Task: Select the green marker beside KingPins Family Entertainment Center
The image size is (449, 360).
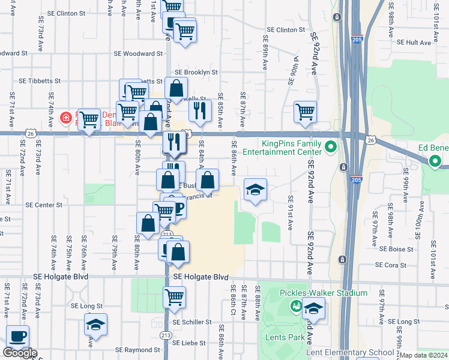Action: [x=330, y=146]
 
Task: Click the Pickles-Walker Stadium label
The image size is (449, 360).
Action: [x=323, y=293]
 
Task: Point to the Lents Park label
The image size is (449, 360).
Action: [x=285, y=337]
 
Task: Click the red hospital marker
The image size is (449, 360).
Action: [x=66, y=117]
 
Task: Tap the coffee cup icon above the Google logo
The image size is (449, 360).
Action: [x=17, y=337]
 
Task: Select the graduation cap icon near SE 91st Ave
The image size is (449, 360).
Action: [x=255, y=190]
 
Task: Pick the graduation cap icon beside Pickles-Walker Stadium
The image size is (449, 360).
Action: [x=313, y=309]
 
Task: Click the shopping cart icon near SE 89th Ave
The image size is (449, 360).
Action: [x=305, y=112]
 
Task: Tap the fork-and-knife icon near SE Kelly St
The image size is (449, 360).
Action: [x=200, y=110]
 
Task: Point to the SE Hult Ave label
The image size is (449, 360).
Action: [x=414, y=43]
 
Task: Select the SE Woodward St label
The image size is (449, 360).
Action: [x=138, y=53]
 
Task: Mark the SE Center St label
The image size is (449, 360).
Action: [x=44, y=205]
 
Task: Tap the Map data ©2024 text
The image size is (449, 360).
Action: [x=424, y=355]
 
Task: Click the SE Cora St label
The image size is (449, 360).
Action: [x=391, y=265]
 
